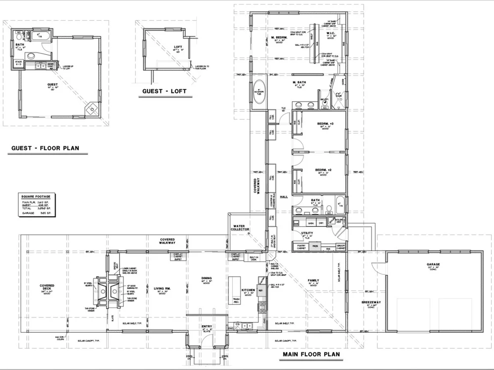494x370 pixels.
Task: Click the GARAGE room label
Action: pyautogui.click(x=433, y=264)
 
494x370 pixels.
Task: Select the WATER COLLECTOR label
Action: pyautogui.click(x=240, y=228)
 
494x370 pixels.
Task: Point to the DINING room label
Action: pyautogui.click(x=206, y=278)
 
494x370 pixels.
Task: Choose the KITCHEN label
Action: pyautogui.click(x=247, y=290)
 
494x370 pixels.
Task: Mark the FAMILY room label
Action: pyautogui.click(x=313, y=281)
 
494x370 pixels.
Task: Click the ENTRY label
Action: pyautogui.click(x=207, y=326)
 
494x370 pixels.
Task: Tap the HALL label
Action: pyautogui.click(x=284, y=196)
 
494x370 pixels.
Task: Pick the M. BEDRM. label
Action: pyautogui.click(x=280, y=37)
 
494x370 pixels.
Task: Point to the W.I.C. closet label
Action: pyautogui.click(x=330, y=34)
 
